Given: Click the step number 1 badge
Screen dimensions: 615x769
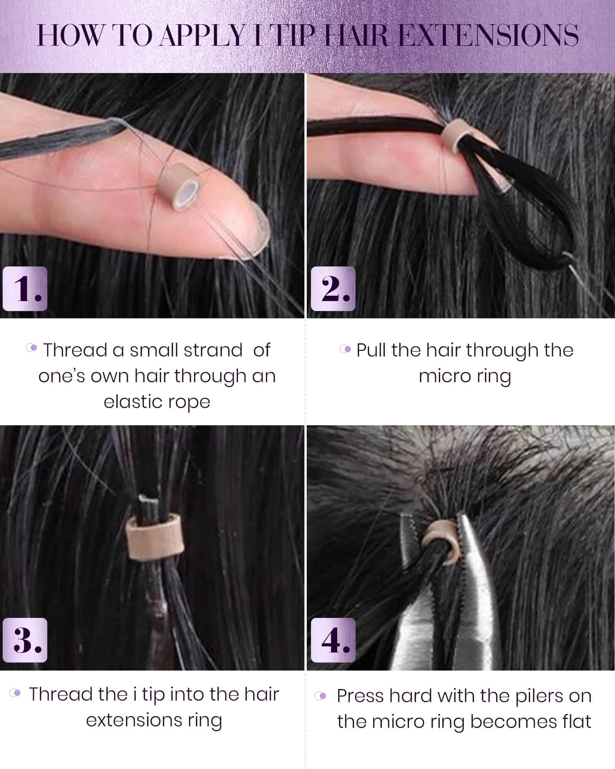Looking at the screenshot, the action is (25, 288).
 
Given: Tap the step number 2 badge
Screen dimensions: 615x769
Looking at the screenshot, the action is (333, 288).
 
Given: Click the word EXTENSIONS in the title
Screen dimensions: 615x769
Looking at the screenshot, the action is (489, 36).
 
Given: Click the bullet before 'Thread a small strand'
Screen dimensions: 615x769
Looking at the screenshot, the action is (32, 348).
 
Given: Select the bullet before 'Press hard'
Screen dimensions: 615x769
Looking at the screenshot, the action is (321, 696).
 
